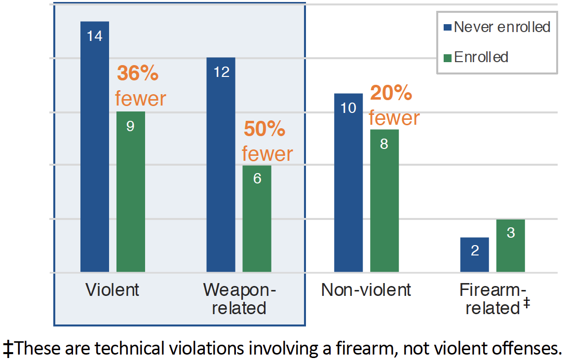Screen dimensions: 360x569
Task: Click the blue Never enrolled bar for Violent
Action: [95, 148]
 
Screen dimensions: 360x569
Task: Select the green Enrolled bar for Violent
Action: [131, 192]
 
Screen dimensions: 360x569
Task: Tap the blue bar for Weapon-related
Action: [221, 165]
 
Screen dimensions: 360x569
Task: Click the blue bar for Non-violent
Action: [348, 182]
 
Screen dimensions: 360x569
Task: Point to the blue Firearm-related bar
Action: [475, 254]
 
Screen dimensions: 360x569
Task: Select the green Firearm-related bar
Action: [511, 246]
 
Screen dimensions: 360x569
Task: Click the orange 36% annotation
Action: [138, 74]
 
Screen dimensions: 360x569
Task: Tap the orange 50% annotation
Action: [265, 129]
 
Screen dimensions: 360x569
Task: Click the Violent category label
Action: [113, 290]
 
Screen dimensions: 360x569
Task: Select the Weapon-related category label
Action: [239, 299]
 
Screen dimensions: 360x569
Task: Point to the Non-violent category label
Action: [366, 290]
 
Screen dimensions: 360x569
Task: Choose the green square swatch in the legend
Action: [448, 58]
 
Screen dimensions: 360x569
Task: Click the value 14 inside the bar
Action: [95, 36]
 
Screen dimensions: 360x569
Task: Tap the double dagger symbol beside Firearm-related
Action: [527, 304]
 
